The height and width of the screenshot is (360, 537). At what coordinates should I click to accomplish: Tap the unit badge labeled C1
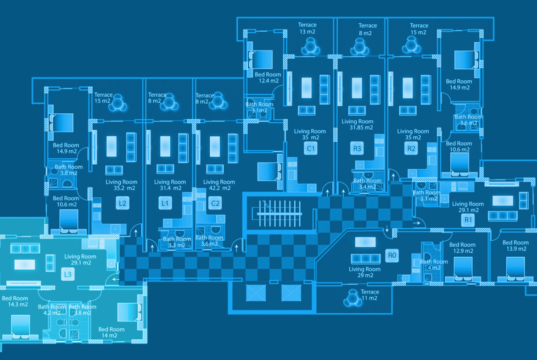click(x=311, y=148)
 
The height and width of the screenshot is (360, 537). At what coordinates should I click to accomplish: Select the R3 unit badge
click(x=357, y=148)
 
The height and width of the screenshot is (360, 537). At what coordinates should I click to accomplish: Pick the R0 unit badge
click(x=392, y=255)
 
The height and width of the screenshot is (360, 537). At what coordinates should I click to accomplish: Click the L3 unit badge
click(x=67, y=275)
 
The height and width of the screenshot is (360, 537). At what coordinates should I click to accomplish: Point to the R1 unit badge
click(x=468, y=220)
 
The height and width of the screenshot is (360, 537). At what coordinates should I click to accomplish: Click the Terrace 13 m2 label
click(x=307, y=28)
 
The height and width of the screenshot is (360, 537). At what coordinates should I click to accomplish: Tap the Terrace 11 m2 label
click(x=369, y=295)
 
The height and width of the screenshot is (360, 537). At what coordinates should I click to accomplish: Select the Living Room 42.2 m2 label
click(x=219, y=185)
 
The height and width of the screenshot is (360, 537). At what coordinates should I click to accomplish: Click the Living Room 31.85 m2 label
click(x=358, y=125)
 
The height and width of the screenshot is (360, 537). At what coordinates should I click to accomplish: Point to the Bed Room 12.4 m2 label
click(x=268, y=78)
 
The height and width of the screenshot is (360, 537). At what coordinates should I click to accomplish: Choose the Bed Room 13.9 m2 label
click(x=515, y=245)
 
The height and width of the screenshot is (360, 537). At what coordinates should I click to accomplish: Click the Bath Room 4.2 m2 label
click(x=51, y=310)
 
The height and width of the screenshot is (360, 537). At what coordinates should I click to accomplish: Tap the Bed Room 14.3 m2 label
click(x=15, y=301)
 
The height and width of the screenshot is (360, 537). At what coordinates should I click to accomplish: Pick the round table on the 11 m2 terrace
click(x=352, y=299)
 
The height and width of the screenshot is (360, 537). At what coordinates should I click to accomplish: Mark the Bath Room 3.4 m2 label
click(x=367, y=184)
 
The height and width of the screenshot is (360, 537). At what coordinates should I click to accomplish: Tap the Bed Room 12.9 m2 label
click(x=462, y=248)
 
